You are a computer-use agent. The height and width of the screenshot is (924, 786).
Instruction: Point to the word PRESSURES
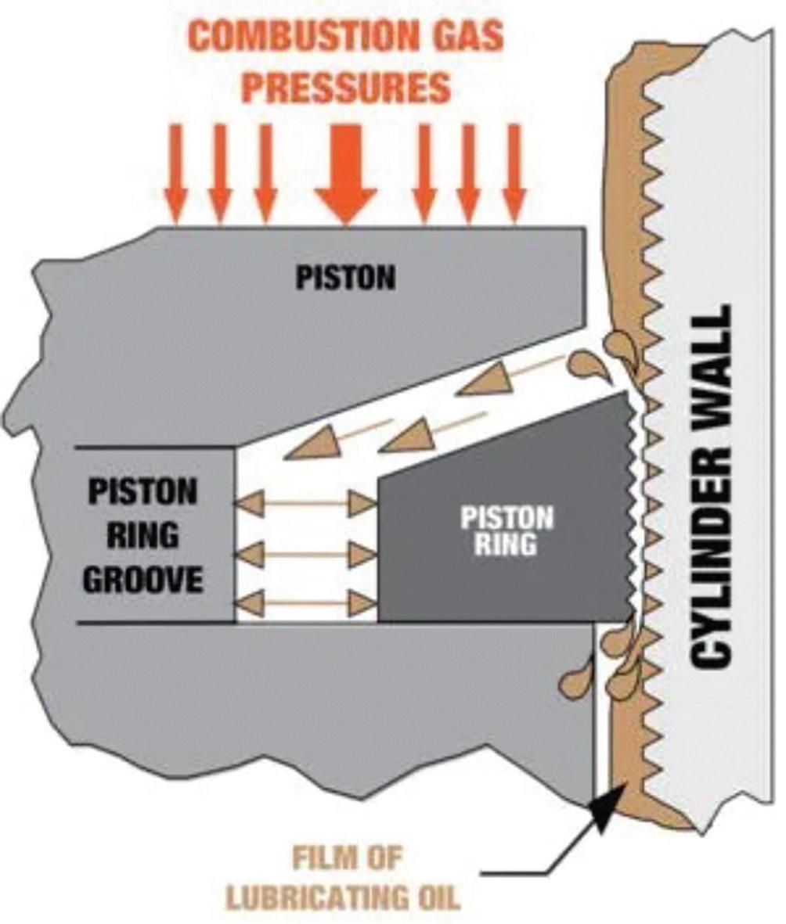coord(345,87)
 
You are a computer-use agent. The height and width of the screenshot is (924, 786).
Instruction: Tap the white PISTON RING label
coord(506,531)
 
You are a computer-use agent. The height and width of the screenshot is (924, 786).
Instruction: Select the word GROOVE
coord(142,581)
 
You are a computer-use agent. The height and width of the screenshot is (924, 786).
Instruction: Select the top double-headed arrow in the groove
coord(306,503)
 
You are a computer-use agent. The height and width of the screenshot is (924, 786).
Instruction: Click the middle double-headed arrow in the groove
coord(306,554)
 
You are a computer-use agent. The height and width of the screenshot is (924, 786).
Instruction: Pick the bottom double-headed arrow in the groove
coord(306,603)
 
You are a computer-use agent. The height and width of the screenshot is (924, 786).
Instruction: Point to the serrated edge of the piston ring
coord(630,509)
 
